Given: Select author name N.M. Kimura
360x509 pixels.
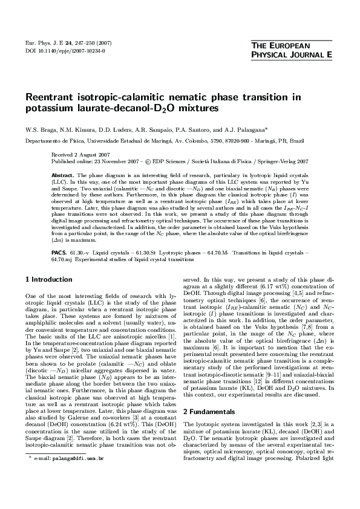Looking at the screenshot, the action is coord(74,129).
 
